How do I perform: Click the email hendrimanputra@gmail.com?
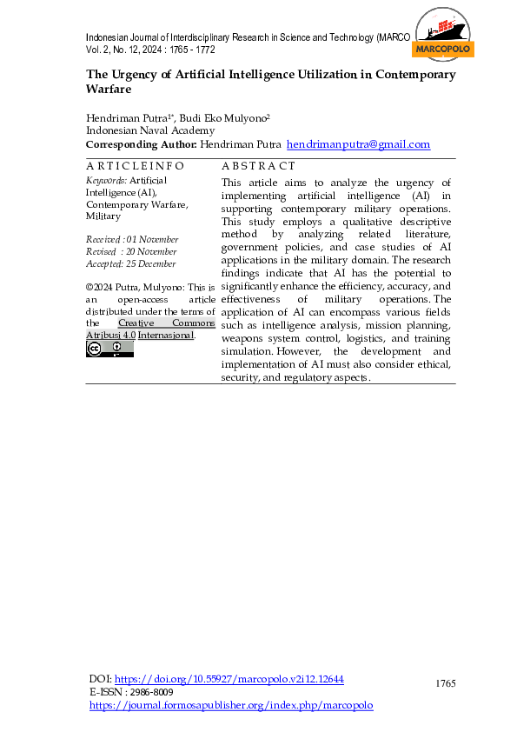point(358,144)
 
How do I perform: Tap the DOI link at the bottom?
point(230,679)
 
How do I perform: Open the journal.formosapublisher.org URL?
point(232,705)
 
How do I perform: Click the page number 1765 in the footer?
point(445,684)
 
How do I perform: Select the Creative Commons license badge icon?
point(109,349)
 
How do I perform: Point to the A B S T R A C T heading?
point(258,165)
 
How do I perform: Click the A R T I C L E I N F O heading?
point(135,165)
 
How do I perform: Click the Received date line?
point(132,239)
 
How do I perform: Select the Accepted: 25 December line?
point(130,263)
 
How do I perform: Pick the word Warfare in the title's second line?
point(108,89)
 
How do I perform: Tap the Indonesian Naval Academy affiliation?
point(150,130)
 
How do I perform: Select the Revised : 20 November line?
point(131,251)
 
